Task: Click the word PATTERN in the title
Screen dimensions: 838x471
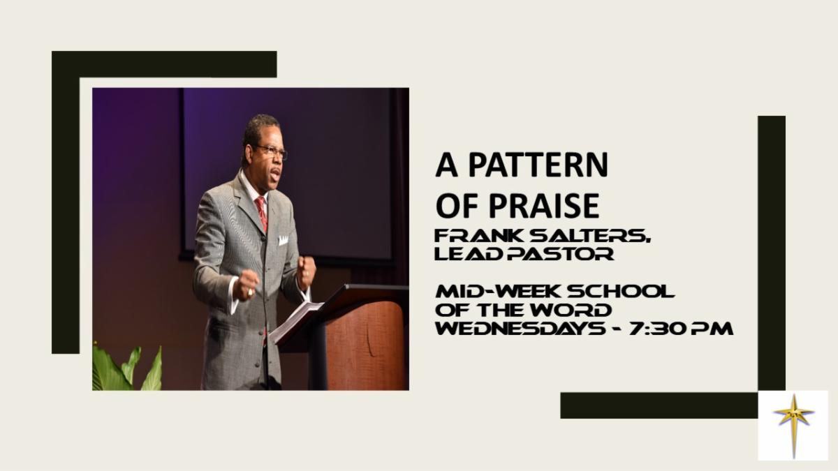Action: [538, 165]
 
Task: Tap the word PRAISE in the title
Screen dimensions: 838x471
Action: [544, 206]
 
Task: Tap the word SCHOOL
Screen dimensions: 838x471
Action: [621, 291]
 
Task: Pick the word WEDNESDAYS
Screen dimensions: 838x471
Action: [520, 329]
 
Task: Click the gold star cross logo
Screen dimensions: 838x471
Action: [793, 426]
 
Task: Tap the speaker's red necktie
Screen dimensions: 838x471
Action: [262, 214]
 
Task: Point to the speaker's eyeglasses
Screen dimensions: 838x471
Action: [271, 151]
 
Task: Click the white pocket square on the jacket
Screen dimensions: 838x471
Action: [284, 240]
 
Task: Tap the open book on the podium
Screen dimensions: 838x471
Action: [295, 321]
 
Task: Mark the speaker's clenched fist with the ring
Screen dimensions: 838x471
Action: [247, 285]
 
